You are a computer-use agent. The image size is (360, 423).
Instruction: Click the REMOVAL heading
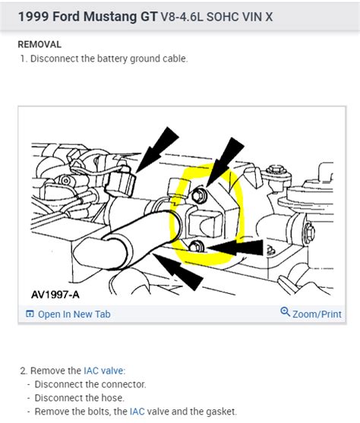tap(39, 45)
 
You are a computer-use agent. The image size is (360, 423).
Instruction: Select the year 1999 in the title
tap(33, 17)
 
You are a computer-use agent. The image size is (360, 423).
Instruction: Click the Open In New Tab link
tap(74, 314)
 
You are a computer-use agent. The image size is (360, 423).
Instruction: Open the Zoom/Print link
tap(317, 314)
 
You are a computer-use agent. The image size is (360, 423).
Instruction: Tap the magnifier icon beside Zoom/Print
tap(285, 312)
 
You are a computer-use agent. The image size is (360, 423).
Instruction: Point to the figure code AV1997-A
tap(55, 295)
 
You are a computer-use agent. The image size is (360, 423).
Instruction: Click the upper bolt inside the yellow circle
tap(199, 194)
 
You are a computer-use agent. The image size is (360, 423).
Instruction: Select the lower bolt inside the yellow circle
tap(196, 247)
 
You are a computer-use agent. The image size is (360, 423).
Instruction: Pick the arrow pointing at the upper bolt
tap(225, 162)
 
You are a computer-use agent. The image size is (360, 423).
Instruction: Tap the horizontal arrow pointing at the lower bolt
tap(235, 248)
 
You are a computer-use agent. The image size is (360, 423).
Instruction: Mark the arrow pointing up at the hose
tap(178, 271)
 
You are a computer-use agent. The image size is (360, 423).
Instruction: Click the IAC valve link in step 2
tap(105, 371)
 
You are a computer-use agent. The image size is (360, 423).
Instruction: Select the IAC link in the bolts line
tap(137, 412)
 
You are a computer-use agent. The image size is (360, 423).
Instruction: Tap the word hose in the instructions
tap(112, 398)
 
